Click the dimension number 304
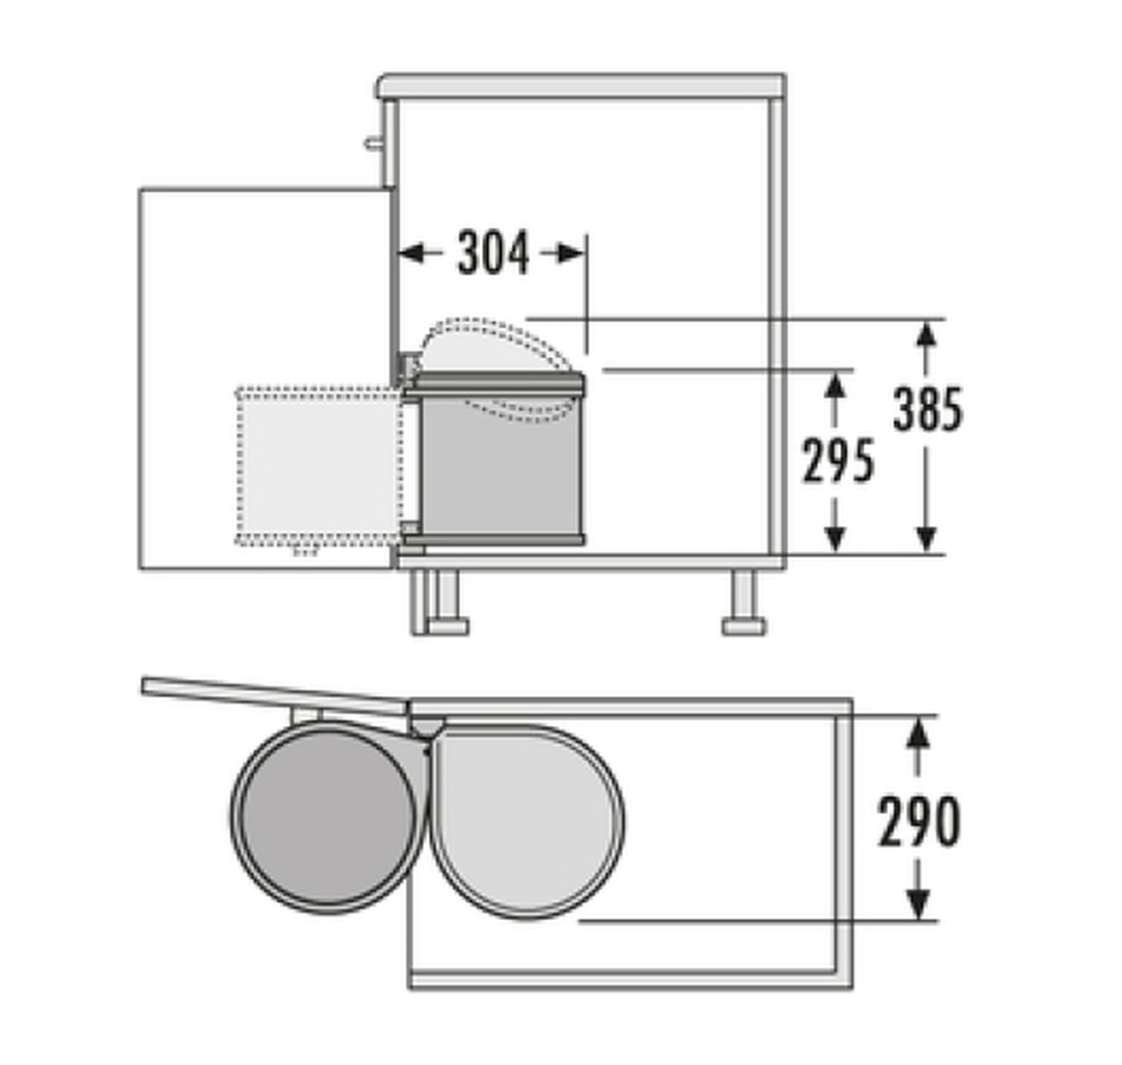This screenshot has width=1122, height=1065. [493, 253]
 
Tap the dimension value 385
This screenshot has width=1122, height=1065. [928, 409]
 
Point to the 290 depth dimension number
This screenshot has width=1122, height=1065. [919, 821]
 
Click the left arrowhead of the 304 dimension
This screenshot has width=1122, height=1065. [411, 253]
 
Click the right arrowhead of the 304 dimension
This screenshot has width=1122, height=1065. [571, 253]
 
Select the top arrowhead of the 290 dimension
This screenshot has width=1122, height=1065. [917, 731]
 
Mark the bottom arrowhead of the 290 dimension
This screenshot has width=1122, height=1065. [917, 905]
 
